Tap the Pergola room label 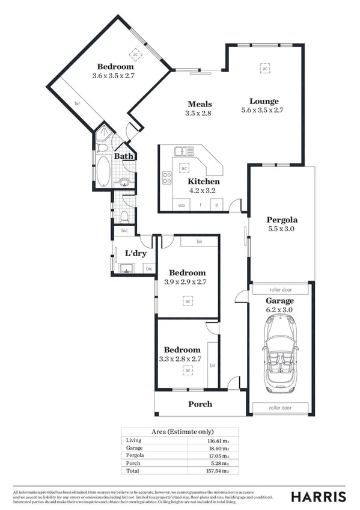click(x=282, y=220)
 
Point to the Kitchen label click(x=203, y=181)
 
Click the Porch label click(x=200, y=404)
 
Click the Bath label click(x=124, y=156)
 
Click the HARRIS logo click(x=318, y=496)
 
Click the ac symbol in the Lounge click(x=264, y=69)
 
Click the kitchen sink click(x=181, y=151)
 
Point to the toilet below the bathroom click(x=124, y=216)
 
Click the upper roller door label click(x=280, y=289)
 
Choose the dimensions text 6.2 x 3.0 click(x=280, y=310)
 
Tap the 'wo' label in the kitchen click(x=182, y=206)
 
